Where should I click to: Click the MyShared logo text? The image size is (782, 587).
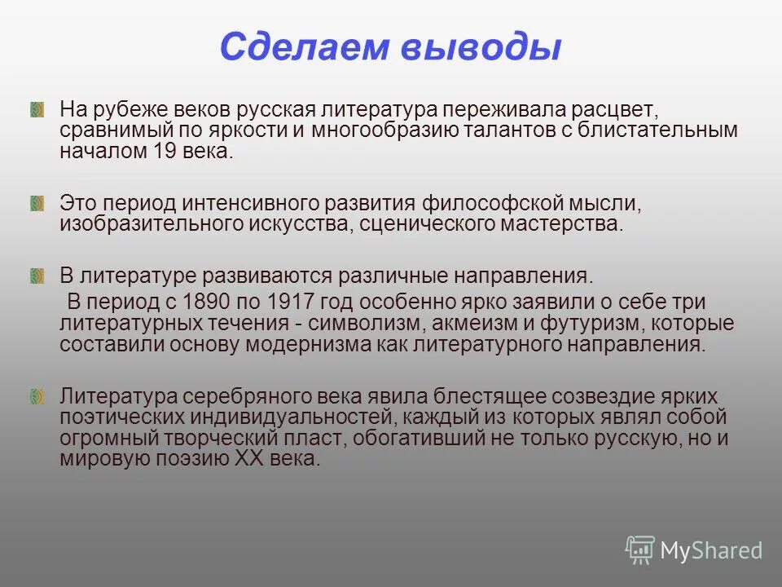coord(711,550)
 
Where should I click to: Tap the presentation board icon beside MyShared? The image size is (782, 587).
coord(640,550)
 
